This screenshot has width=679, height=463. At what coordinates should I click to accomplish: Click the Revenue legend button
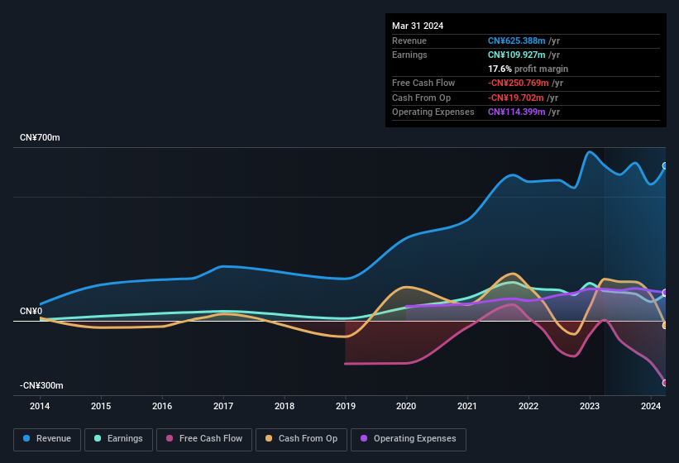pos(47,439)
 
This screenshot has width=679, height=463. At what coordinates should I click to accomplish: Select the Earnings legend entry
pos(118,439)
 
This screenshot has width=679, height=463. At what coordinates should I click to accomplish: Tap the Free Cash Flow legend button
pos(204,439)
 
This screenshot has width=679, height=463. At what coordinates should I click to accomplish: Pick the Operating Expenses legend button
pos(409,439)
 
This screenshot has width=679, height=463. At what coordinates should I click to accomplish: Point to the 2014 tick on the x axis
pos(40,406)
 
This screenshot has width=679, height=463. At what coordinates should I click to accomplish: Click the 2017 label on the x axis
pos(223,406)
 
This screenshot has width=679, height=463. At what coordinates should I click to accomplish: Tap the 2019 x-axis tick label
pos(346,406)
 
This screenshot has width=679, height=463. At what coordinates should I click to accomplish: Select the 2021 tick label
pos(467,406)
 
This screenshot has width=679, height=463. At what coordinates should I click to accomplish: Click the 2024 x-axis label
pos(651,406)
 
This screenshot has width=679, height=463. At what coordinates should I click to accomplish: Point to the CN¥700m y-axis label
pos(41,137)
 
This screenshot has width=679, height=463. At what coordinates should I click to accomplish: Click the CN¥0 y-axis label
pos(31,311)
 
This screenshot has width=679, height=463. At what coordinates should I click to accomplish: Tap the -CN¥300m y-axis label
pos(42,385)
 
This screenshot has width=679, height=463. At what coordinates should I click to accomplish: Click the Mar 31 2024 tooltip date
pos(418,26)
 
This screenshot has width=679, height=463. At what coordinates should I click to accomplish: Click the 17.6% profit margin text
pos(528,69)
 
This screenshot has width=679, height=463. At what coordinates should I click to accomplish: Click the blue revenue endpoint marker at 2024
pos(665,166)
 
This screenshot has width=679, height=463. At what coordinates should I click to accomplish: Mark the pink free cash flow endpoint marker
pos(665,383)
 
